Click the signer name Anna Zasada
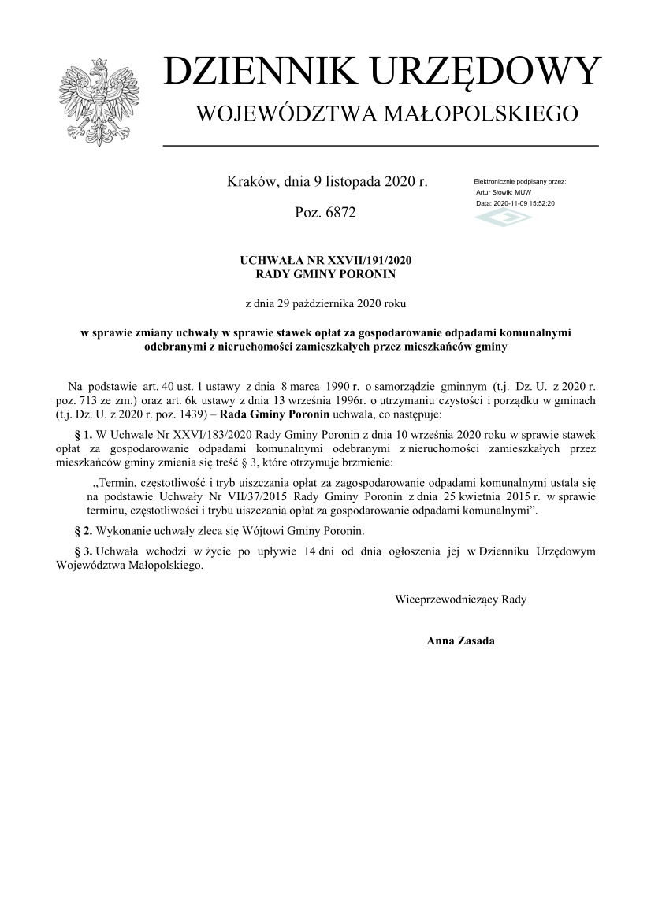[460, 641]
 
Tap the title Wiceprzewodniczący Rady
[460, 600]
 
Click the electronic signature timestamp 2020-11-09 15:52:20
[524, 203]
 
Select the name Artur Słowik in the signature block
[492, 192]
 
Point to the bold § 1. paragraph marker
[83, 435]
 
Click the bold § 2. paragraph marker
[83, 530]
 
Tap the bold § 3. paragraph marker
[83, 551]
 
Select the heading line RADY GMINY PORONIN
[326, 274]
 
